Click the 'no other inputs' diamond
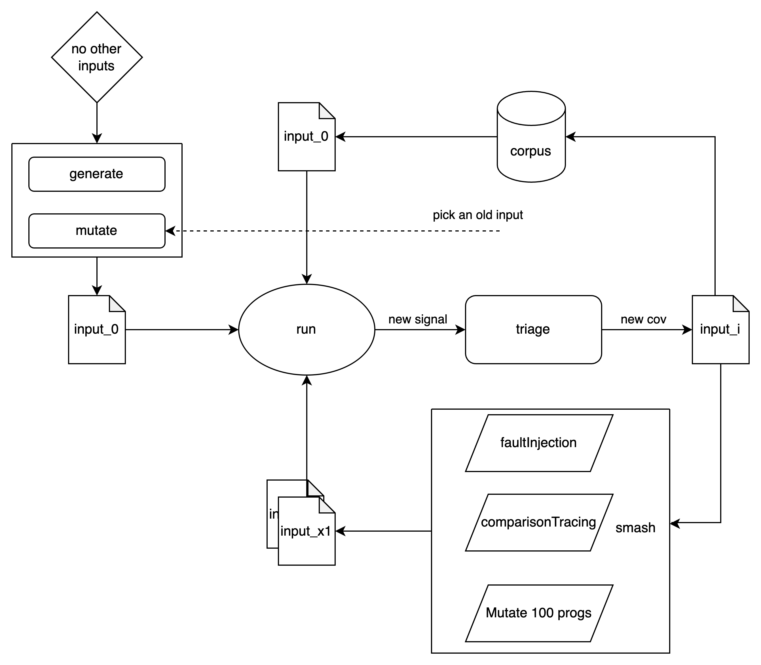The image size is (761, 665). point(97,57)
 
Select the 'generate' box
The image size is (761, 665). point(97,174)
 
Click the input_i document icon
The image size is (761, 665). point(720,334)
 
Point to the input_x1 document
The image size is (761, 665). point(306,534)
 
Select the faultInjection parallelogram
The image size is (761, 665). point(538,443)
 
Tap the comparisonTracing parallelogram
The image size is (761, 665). point(538,522)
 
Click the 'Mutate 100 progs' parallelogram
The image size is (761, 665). point(538,613)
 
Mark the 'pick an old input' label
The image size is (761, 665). point(478,215)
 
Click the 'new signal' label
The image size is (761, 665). point(418,319)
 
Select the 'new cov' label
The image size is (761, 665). point(643,319)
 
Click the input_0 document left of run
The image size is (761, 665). point(97,334)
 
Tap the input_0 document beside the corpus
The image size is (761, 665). point(306,141)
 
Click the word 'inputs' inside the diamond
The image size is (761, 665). point(96,66)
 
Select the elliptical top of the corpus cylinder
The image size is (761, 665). point(531,109)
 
